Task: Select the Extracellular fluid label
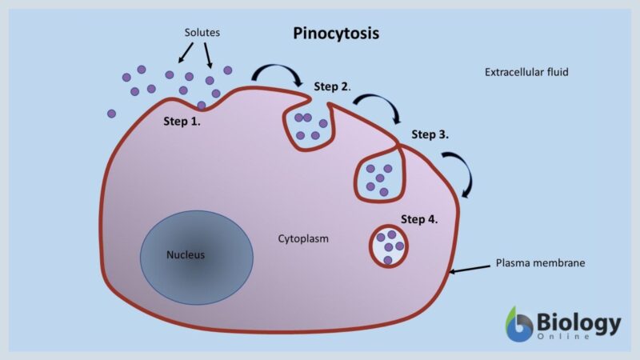coord(526,72)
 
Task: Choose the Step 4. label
coord(419,218)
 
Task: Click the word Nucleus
coord(186,256)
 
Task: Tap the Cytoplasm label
coord(303,238)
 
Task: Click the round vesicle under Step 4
coord(389,246)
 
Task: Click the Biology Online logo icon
coord(521,324)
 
